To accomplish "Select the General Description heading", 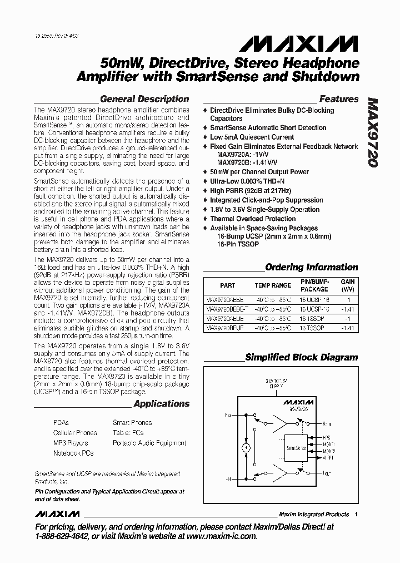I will tap(144, 99).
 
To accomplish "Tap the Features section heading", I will tap(339, 99).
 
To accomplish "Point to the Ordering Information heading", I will tap(311, 267).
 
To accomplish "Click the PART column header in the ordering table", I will tap(227, 285).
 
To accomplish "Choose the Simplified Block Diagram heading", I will tap(302, 357).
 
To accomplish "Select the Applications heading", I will tap(161, 404).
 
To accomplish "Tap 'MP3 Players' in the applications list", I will tap(71, 443).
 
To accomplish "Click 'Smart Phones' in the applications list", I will tap(132, 423).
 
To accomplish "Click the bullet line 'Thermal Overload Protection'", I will tap(252, 219).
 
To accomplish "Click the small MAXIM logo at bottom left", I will tap(58, 513).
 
